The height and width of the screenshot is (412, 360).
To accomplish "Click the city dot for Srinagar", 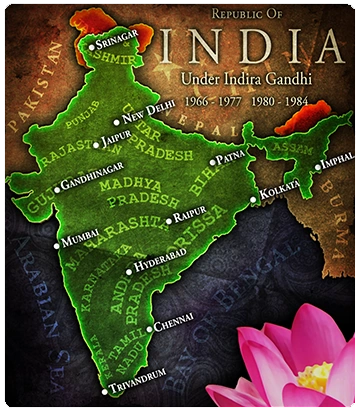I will (x=91, y=45).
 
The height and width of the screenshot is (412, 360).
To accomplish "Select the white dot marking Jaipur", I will (x=96, y=145).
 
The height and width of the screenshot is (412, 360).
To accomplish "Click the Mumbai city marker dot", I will (x=57, y=244).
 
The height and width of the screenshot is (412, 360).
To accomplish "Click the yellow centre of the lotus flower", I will (x=314, y=376).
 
